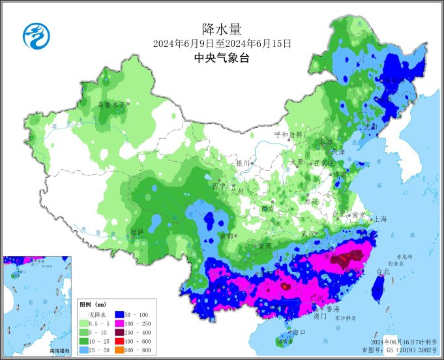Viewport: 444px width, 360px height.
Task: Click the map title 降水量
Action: coord(222,29)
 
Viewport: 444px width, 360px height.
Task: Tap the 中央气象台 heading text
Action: coord(222,57)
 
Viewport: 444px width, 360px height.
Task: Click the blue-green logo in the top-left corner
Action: coord(36,35)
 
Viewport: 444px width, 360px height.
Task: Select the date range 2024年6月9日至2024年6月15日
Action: coord(222,44)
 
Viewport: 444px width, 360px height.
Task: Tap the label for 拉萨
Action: coord(136,232)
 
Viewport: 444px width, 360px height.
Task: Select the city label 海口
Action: coord(300,332)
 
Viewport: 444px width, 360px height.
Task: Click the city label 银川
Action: coord(243,163)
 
